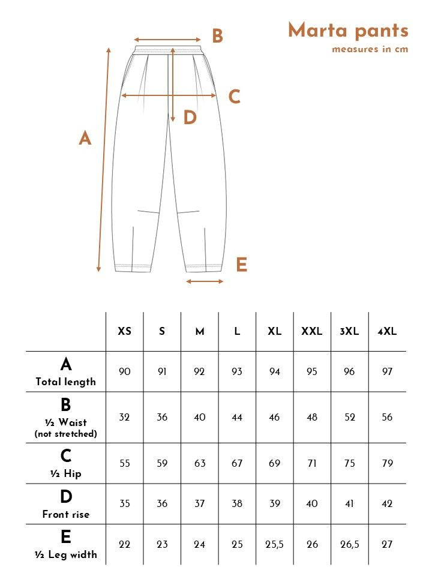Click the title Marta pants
point(348,30)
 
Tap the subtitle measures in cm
point(370,49)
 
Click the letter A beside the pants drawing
point(85,139)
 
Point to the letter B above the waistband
point(217,37)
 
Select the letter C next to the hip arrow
point(234,97)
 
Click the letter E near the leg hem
point(241,265)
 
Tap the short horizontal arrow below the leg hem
point(205,281)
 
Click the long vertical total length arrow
point(104,160)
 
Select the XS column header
point(125,331)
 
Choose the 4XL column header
point(387,331)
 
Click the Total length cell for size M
point(200,371)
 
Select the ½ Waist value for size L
point(237,417)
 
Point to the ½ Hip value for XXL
point(312,463)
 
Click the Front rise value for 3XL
point(350,503)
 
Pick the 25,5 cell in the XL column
point(275,544)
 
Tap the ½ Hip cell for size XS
point(125,463)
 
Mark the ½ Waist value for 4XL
point(387,417)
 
